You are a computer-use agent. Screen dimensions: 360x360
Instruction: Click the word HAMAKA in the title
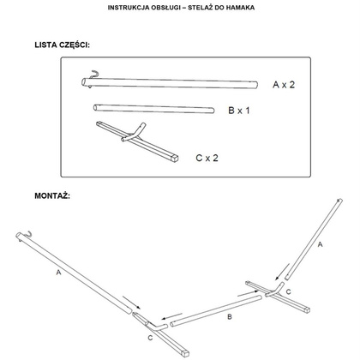tap(240, 8)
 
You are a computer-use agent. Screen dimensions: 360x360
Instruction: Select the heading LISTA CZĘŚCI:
tap(62, 45)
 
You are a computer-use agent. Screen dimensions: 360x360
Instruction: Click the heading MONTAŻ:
tap(52, 196)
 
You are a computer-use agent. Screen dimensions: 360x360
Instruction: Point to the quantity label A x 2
tap(284, 85)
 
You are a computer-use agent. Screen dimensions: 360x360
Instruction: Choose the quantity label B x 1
tap(239, 111)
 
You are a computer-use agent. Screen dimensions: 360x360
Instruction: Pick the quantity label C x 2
tap(207, 158)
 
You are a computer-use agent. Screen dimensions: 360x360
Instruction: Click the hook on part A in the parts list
tap(93, 75)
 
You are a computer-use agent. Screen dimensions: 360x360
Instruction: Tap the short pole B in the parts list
tap(154, 109)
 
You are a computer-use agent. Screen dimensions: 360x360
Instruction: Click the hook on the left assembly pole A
tap(28, 233)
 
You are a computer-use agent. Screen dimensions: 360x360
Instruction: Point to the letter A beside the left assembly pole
tap(58, 273)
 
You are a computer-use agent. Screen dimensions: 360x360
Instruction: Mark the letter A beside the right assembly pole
tap(320, 244)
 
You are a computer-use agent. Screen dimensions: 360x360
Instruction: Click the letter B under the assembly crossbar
tap(230, 317)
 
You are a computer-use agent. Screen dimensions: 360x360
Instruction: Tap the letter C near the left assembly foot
tap(150, 339)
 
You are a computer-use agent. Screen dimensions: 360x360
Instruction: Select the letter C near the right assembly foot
tap(289, 291)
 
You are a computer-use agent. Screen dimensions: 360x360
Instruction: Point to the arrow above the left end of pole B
tap(171, 316)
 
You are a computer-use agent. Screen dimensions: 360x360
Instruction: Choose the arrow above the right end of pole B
tap(248, 293)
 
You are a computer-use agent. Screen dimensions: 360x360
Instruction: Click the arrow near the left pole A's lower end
tap(132, 303)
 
